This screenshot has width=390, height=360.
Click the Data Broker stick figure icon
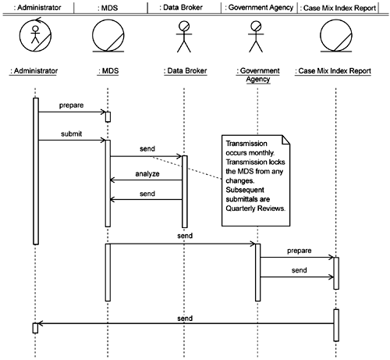[x=184, y=37]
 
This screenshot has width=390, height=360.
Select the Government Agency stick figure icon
[x=256, y=37]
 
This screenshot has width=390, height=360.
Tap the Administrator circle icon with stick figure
[x=35, y=35]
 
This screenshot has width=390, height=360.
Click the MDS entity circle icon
[x=108, y=36]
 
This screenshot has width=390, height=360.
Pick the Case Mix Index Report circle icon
[x=336, y=36]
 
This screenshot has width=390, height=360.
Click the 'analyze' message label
[x=147, y=174]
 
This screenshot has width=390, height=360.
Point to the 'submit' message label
[x=71, y=134]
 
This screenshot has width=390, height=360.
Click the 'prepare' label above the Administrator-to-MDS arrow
[x=71, y=105]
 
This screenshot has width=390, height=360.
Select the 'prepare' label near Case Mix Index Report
[x=300, y=251]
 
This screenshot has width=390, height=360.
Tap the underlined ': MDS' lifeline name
[x=108, y=71]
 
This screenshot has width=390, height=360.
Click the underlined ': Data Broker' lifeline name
[x=186, y=71]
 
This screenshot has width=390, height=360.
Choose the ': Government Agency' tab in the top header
[x=259, y=8]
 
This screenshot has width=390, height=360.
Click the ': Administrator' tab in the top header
[x=37, y=8]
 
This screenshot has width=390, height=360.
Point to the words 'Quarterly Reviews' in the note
[x=254, y=209]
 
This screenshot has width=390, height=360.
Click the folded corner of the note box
[x=286, y=139]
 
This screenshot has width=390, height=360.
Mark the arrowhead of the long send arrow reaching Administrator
[x=39, y=323]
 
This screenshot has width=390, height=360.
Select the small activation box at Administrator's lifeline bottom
[x=35, y=328]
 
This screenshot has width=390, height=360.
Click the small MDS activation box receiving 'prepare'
[x=108, y=117]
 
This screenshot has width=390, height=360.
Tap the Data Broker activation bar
[x=185, y=191]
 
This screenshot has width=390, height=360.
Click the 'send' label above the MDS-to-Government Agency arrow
[x=185, y=236]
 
